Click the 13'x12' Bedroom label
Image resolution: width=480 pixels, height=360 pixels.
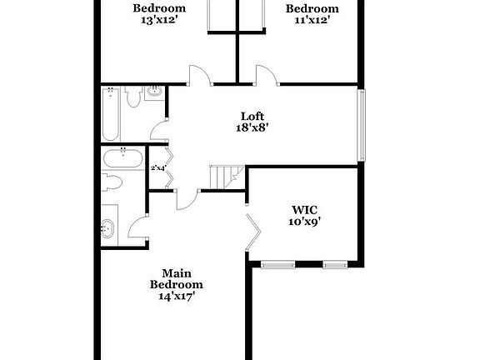click(158, 15)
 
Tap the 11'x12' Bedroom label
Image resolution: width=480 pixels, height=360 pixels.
click(312, 15)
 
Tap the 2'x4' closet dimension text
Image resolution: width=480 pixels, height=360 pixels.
click(157, 168)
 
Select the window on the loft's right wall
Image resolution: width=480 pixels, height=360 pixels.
click(362, 125)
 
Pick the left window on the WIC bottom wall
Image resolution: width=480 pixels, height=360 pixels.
click(277, 265)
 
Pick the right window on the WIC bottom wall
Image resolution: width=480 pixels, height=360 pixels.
click(335, 265)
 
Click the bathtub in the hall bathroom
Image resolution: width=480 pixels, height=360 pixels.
click(112, 116)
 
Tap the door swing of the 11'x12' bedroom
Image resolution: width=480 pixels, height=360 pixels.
click(266, 75)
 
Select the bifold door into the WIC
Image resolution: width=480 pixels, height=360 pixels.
click(254, 232)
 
